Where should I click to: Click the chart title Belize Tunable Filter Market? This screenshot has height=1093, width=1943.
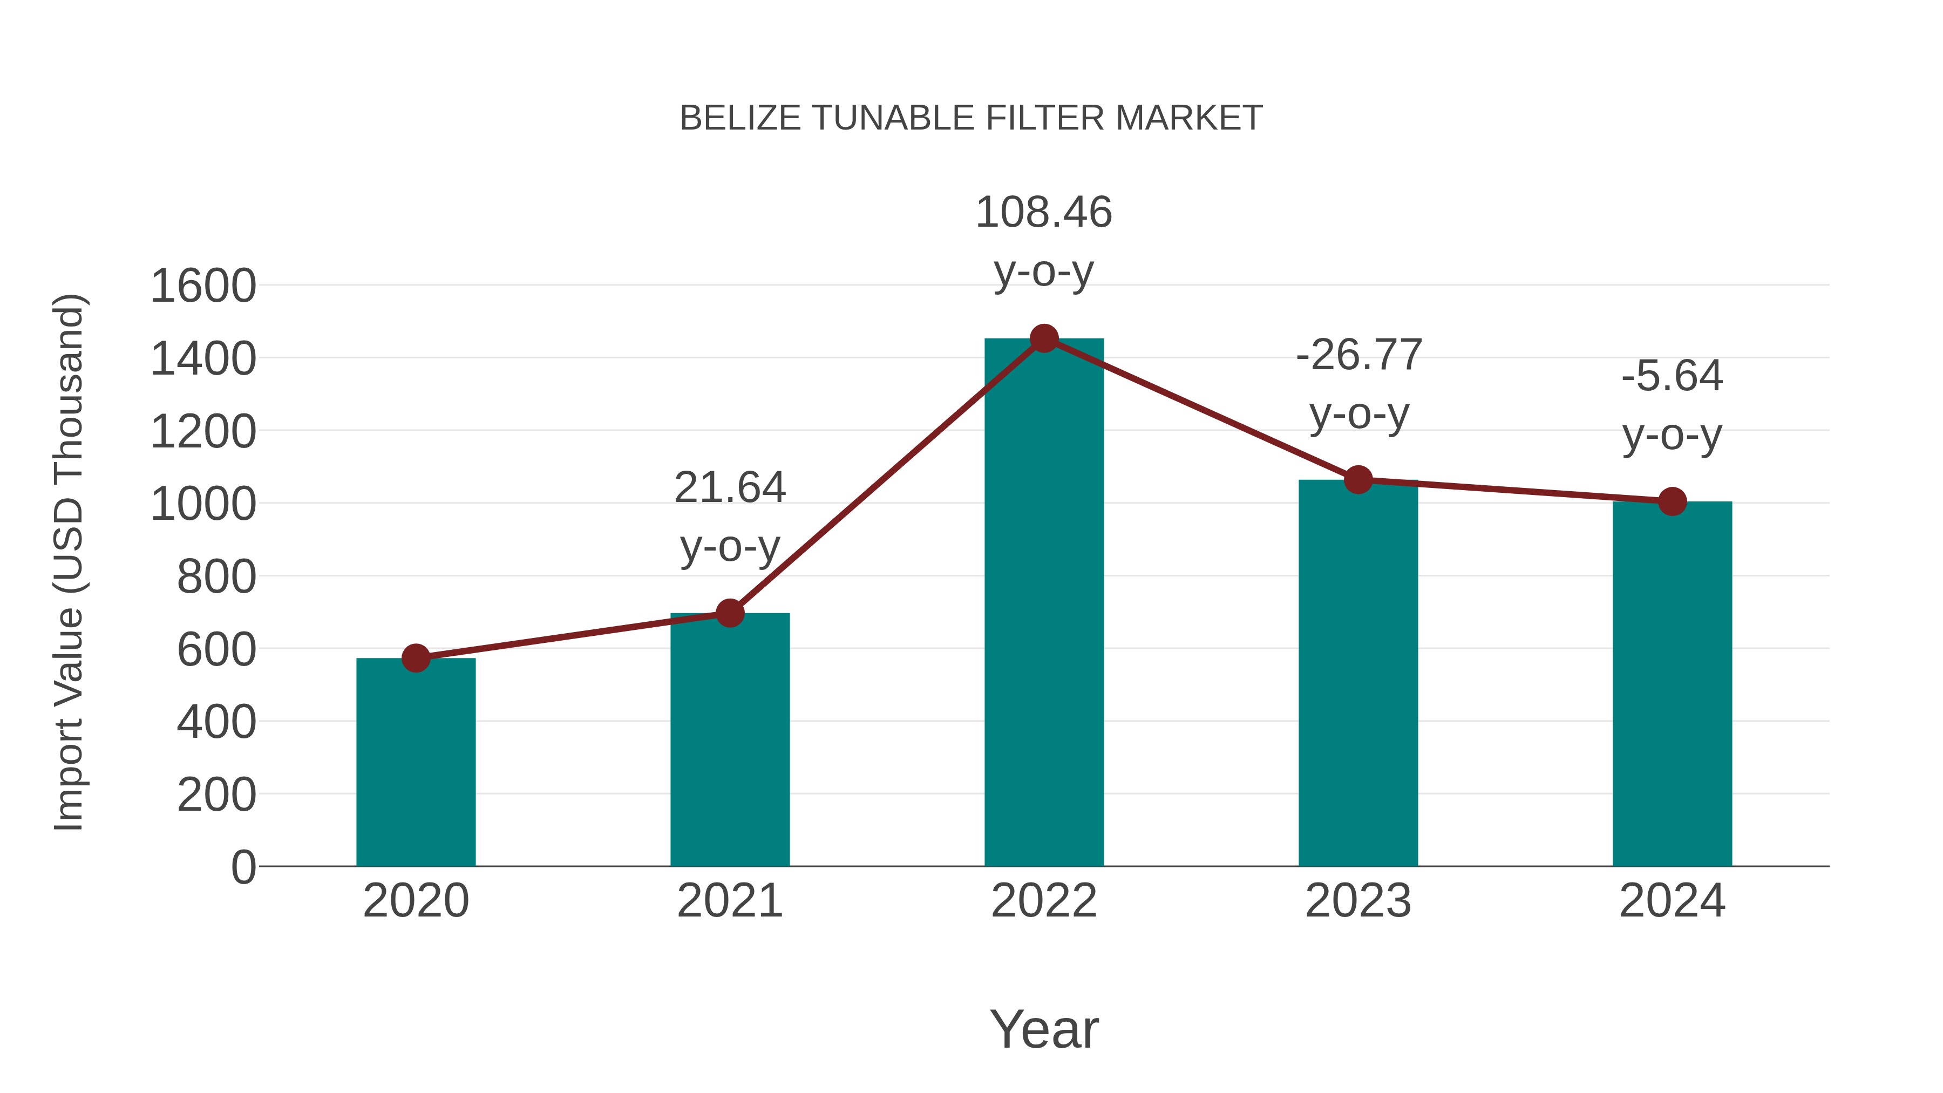[971, 118]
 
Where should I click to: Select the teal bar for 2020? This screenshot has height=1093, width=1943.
[416, 762]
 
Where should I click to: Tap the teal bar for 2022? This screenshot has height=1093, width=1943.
[1044, 603]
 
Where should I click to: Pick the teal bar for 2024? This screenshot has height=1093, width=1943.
[1672, 683]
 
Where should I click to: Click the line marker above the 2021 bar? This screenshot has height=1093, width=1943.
[729, 613]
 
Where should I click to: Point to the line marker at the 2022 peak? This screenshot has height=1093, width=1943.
[1044, 338]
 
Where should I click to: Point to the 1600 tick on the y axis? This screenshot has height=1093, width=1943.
[203, 287]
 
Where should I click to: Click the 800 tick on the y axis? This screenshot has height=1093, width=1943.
[216, 577]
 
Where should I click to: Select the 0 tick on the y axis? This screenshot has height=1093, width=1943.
[243, 867]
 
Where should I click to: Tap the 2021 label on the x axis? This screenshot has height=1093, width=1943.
[729, 901]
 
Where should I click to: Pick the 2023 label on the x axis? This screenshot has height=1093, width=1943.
[1358, 901]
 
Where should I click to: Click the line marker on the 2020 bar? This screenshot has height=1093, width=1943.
[416, 658]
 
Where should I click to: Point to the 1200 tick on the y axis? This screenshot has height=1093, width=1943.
[203, 432]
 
